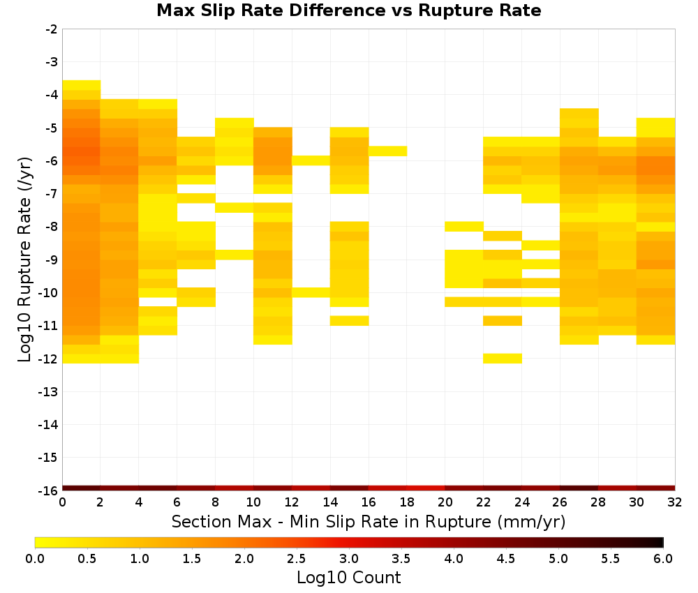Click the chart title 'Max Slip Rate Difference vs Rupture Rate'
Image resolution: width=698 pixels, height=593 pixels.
[x=348, y=10]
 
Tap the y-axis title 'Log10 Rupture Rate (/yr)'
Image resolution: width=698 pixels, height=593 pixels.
[x=25, y=260]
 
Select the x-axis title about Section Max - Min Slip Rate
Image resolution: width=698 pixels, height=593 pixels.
[x=369, y=522]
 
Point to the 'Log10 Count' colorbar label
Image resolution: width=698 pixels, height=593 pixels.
[x=348, y=578]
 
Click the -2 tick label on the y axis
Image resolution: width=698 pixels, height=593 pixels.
[x=52, y=29]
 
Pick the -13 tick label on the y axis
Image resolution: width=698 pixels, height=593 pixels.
[x=49, y=392]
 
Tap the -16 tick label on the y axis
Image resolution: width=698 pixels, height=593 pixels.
[x=49, y=490]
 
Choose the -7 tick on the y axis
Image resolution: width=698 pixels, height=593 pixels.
[x=52, y=194]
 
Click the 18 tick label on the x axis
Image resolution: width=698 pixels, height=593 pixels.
[x=407, y=503]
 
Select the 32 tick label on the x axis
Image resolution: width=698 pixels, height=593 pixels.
[x=675, y=503]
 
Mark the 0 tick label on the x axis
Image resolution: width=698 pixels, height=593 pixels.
[x=62, y=503]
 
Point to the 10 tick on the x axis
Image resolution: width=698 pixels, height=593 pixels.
[x=253, y=503]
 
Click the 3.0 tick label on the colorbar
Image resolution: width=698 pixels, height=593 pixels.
[x=349, y=559]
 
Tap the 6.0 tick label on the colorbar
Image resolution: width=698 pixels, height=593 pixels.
[x=663, y=559]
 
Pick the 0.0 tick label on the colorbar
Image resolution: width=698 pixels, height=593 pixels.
[x=35, y=559]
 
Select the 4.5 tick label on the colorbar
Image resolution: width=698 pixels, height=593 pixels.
[x=506, y=559]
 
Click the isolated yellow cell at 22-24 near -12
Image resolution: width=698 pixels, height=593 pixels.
[x=503, y=359]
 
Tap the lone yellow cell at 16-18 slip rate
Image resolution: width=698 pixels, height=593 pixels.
[x=387, y=151]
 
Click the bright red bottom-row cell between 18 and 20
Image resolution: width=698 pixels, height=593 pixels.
[x=426, y=488]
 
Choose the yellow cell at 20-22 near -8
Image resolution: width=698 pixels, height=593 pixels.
[x=464, y=227]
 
